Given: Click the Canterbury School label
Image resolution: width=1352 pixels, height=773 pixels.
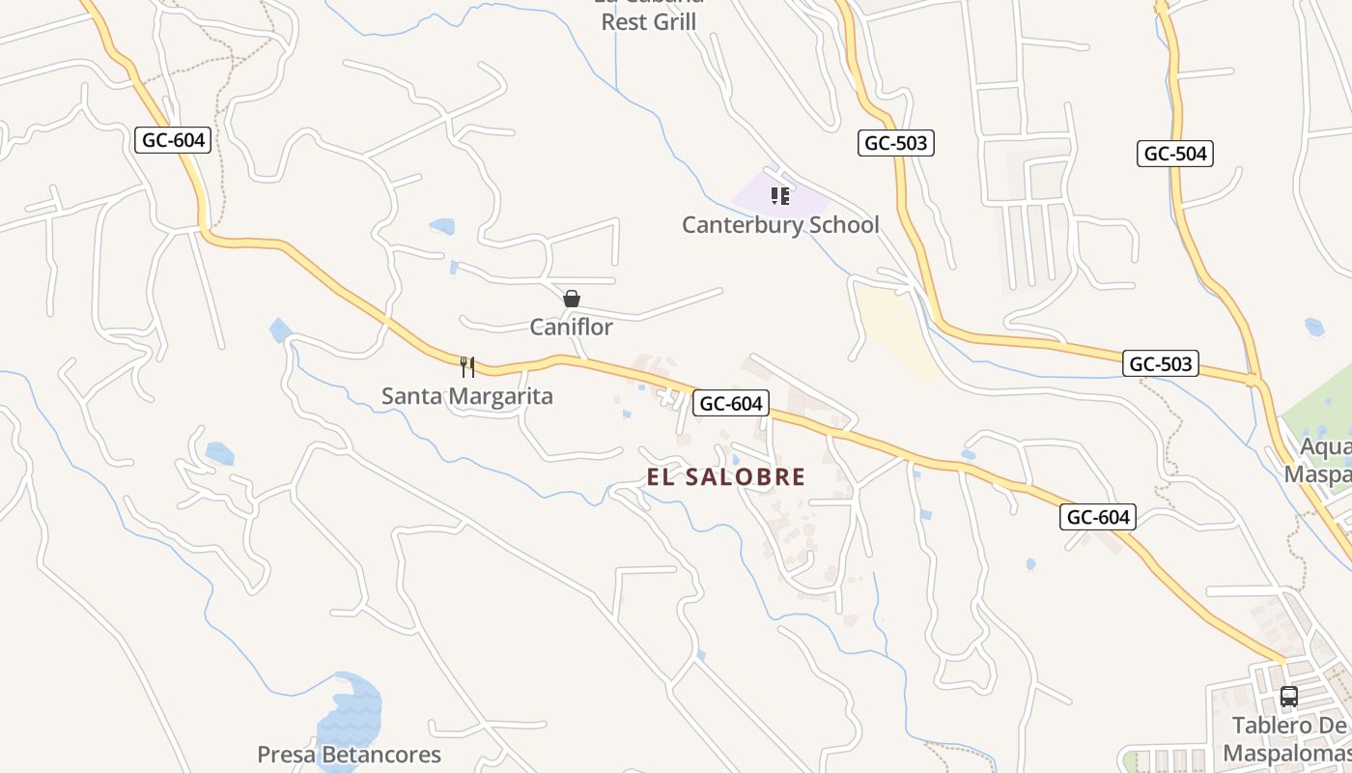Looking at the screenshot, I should coord(780,225).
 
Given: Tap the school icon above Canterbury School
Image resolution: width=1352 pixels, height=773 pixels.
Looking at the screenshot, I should coord(780,197).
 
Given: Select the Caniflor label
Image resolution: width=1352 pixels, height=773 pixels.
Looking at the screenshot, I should coord(571,328).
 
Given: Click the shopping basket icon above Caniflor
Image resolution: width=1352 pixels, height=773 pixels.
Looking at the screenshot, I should coord(572,299).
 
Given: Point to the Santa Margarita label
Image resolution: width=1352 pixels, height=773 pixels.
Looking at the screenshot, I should coord(467,396).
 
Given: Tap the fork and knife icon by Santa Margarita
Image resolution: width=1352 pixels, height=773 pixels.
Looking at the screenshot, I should coord(467,367).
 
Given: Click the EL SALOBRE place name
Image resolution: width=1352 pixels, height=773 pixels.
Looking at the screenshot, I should coord(726,476).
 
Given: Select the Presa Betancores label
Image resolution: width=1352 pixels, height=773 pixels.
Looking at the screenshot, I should coord(349,755).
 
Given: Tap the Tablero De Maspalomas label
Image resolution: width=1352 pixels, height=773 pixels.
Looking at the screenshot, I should coord(1288,739).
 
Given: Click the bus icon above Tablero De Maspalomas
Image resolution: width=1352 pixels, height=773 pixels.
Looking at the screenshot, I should coord(1288,697).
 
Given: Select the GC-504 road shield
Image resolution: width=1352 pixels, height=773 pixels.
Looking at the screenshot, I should coord(1175,154).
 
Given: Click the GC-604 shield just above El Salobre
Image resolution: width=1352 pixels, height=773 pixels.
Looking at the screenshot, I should coord(731,404).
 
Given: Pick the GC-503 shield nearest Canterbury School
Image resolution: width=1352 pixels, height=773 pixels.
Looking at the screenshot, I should coord(895,143).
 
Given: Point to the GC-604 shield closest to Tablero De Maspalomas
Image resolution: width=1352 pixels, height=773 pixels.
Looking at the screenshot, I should coord(1098,517).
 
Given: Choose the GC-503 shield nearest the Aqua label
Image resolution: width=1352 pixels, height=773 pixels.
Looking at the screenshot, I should coord(1161,364).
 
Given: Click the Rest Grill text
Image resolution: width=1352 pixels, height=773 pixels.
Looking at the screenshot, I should coord(648,21).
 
